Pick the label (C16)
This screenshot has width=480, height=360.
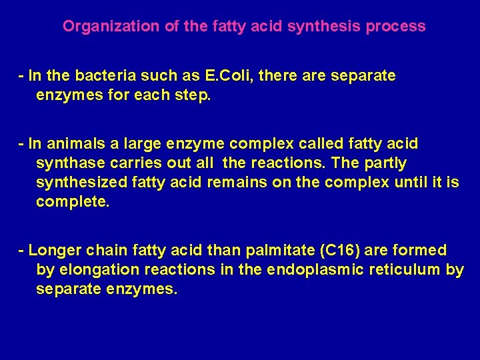339,251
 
